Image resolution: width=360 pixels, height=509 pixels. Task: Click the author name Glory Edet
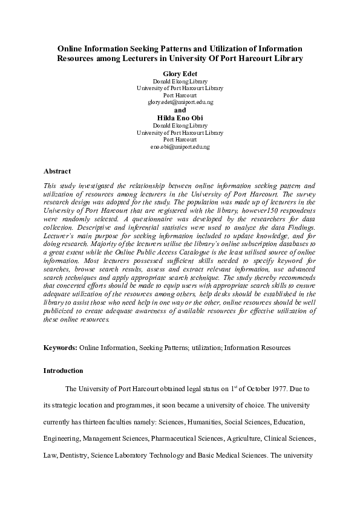pyautogui.click(x=180, y=73)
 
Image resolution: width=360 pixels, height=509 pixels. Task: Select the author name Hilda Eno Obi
pyautogui.click(x=180, y=118)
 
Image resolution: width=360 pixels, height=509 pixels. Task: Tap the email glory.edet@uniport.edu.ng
pyautogui.click(x=180, y=102)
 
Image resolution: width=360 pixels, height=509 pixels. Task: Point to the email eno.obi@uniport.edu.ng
pyautogui.click(x=180, y=147)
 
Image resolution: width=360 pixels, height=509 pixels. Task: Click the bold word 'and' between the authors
pyautogui.click(x=180, y=110)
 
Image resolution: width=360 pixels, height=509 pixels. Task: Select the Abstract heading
pyautogui.click(x=57, y=171)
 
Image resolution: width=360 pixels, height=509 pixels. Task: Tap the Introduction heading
pyautogui.click(x=64, y=370)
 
